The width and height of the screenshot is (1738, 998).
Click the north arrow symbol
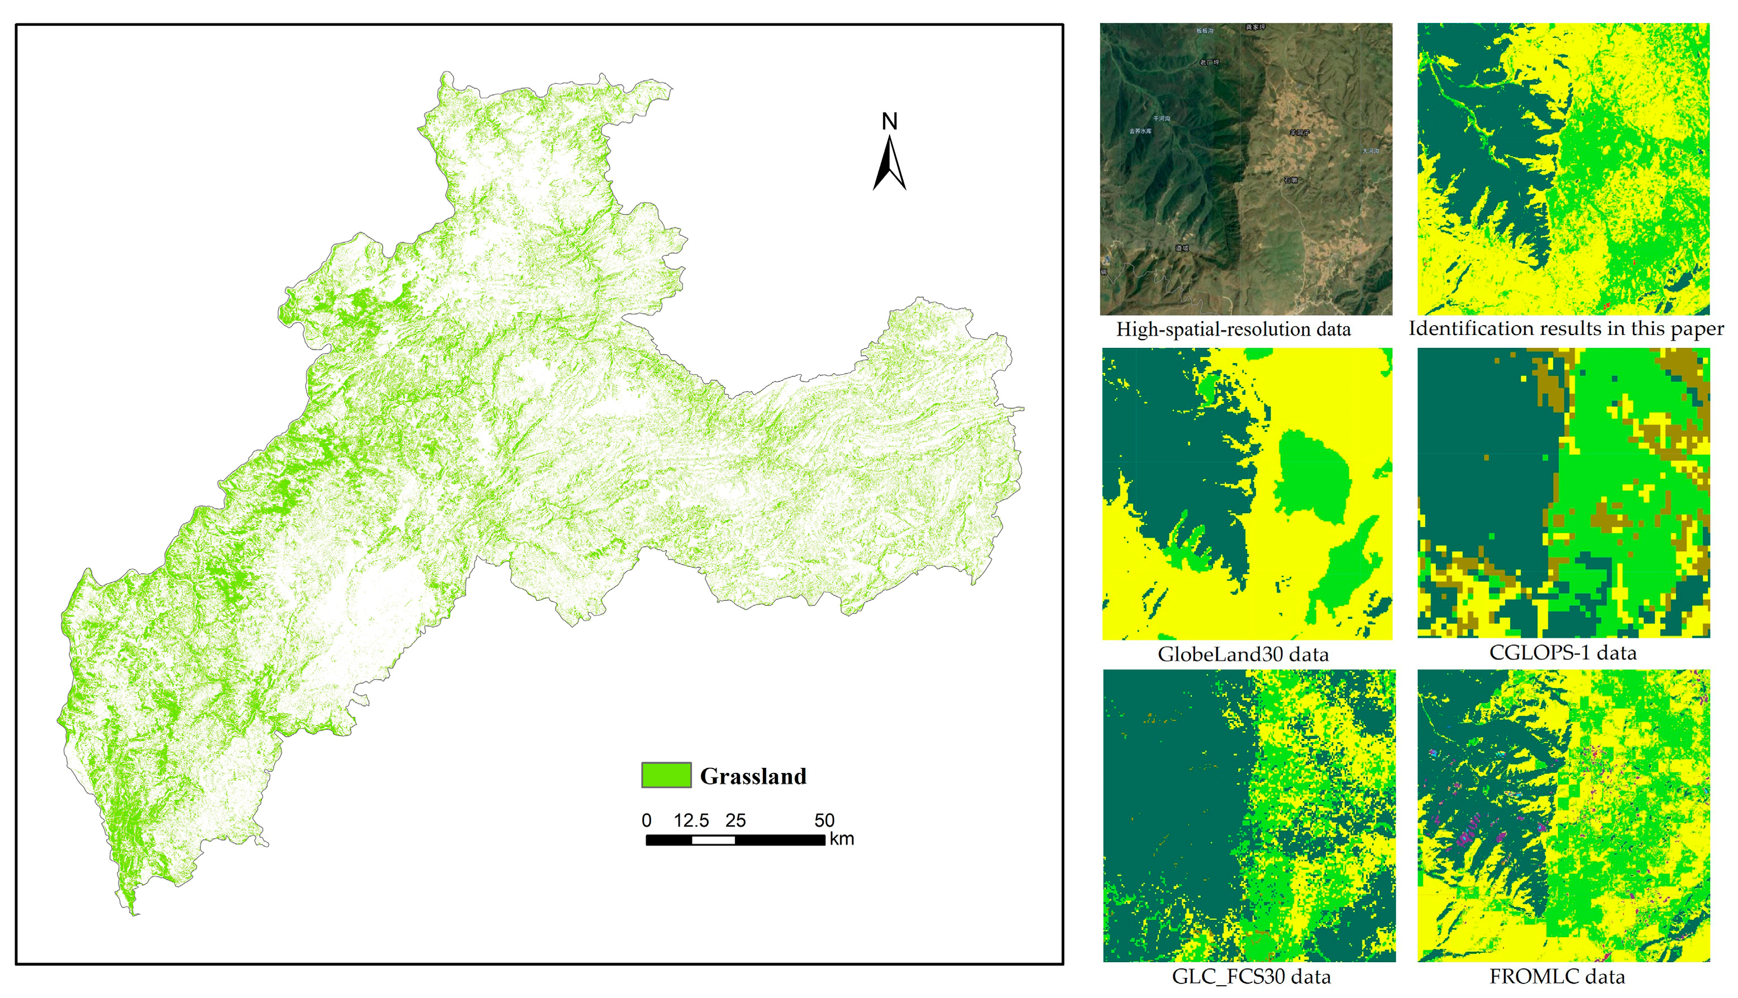pyautogui.click(x=890, y=165)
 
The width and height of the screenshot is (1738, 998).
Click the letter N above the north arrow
pyautogui.click(x=890, y=121)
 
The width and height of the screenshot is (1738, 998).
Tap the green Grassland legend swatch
pyautogui.click(x=666, y=775)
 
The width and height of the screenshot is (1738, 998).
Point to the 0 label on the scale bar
pyautogui.click(x=646, y=820)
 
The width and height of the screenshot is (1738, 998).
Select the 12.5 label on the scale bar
pyautogui.click(x=691, y=820)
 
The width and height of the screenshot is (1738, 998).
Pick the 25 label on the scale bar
pyautogui.click(x=736, y=820)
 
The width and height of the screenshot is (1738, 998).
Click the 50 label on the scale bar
pyautogui.click(x=824, y=820)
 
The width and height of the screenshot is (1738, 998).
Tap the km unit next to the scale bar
pyautogui.click(x=842, y=839)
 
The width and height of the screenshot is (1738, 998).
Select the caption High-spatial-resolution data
pyautogui.click(x=1234, y=330)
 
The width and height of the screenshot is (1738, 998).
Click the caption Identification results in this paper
pyautogui.click(x=1566, y=329)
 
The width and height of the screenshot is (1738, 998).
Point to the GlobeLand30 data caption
pyautogui.click(x=1243, y=655)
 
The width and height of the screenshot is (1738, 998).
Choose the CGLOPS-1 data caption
pyautogui.click(x=1563, y=652)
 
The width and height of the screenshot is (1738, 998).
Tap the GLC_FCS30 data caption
pyautogui.click(x=1252, y=977)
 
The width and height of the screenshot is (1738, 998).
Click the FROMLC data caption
pyautogui.click(x=1557, y=977)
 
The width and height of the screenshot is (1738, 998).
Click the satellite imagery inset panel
pyautogui.click(x=1246, y=169)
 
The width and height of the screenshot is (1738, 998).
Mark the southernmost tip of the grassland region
pyautogui.click(x=135, y=914)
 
